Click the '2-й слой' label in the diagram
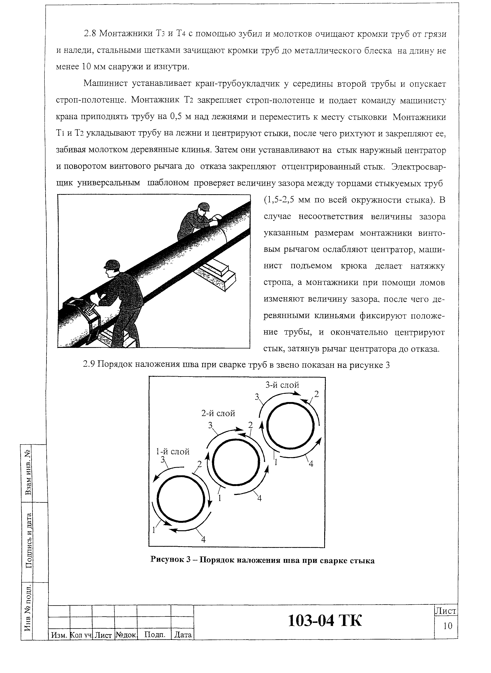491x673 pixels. (218, 413)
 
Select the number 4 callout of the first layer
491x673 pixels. (203, 539)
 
